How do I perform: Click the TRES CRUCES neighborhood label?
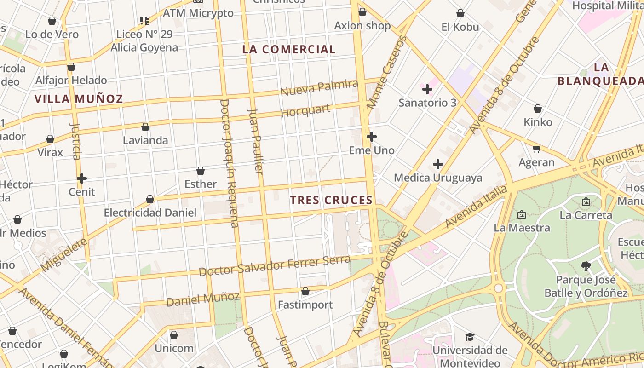click(331, 200)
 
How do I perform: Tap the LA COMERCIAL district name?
click(289, 49)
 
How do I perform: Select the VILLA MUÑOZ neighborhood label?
click(79, 99)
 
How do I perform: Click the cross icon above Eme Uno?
click(372, 137)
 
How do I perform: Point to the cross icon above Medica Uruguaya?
click(438, 164)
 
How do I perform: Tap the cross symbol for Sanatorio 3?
click(427, 89)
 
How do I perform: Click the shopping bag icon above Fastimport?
click(305, 291)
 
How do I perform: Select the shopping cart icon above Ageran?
click(536, 149)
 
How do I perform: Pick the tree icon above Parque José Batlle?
click(586, 266)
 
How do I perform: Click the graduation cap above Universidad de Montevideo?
click(470, 337)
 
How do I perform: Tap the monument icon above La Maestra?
click(522, 214)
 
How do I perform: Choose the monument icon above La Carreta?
click(586, 201)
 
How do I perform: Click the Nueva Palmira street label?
click(319, 87)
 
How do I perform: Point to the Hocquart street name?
click(305, 111)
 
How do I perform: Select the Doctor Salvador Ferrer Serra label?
click(274, 265)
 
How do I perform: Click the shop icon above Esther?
click(201, 171)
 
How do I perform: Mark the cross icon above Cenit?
click(82, 178)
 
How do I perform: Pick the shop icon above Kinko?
click(537, 109)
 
